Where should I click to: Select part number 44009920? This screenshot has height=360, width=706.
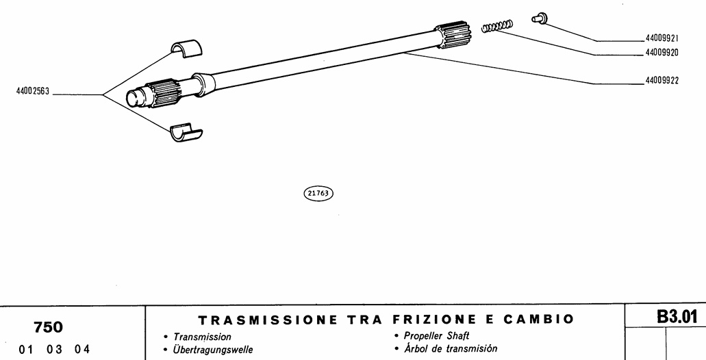[x=667, y=53]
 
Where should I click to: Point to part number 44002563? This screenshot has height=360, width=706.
[x=34, y=91]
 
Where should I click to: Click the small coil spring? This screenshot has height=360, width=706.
[x=496, y=27]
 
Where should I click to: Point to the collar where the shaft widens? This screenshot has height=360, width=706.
[x=205, y=82]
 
